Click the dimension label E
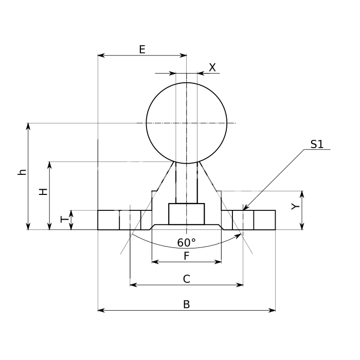pos(142,49)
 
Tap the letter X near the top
pos(212,67)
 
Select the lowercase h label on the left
pos(22,172)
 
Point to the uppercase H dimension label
pos(43,192)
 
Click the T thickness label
pos(65,220)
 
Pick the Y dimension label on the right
pos(296,207)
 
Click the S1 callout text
pos(317,144)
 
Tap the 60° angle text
pos(186,242)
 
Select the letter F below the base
pos(187,256)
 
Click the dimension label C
pos(187,279)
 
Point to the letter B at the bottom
pos(187,304)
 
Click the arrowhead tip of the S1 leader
pos(243,210)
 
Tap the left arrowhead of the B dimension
pos(98,311)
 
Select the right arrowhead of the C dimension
pos(243,285)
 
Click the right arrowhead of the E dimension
pos(186,56)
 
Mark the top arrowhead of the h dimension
pos(28,123)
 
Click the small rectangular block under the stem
pos(186,214)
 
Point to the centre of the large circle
pos(187,123)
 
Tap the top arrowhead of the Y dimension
pos(302,191)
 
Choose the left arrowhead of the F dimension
pos(152,262)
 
